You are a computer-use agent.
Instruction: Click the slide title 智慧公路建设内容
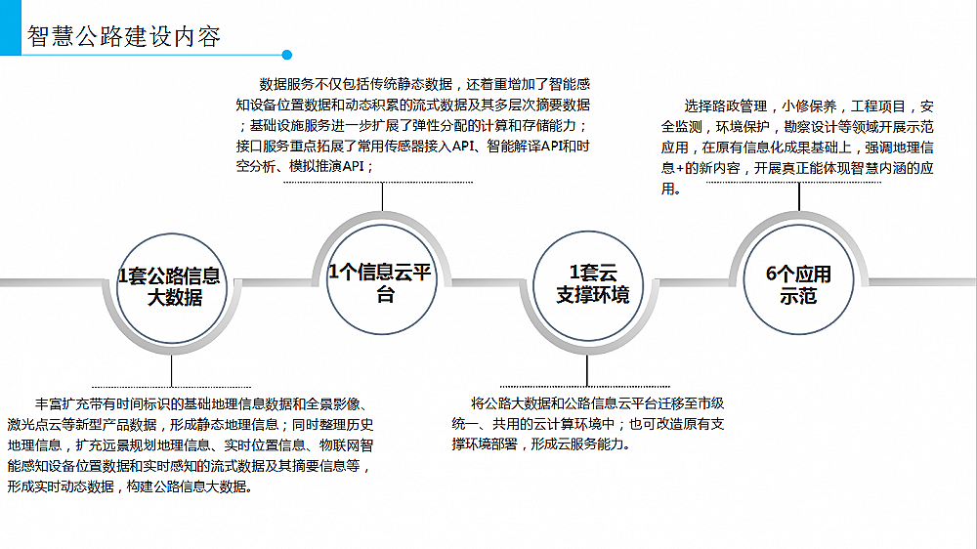tap(123, 36)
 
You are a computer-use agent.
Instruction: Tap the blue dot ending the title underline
tap(286, 55)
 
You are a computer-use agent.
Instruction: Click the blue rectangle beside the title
tap(11, 27)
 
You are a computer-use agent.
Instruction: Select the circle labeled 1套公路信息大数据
tap(171, 288)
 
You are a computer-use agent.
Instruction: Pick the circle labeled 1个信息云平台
tap(381, 279)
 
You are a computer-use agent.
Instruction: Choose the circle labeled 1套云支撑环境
tap(588, 285)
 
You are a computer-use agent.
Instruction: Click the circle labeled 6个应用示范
tap(798, 279)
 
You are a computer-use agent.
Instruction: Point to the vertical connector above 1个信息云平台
tap(382, 197)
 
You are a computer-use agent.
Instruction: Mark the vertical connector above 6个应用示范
tap(799, 197)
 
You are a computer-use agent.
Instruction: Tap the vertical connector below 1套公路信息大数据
tap(171, 371)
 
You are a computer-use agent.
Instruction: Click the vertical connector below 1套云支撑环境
tap(587, 371)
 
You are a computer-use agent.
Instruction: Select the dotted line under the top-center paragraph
tap(378, 183)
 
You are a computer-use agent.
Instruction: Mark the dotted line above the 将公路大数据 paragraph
tap(585, 387)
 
